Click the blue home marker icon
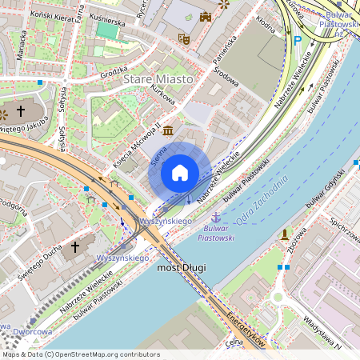coord(180,173)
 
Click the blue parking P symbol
coord(298,41)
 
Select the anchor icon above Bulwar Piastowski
coord(215,217)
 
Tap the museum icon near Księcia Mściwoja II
coord(168,130)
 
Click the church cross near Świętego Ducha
coord(76,247)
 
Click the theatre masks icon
coord(183,37)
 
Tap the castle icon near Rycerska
coord(206,16)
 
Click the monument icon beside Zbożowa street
coord(284,234)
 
